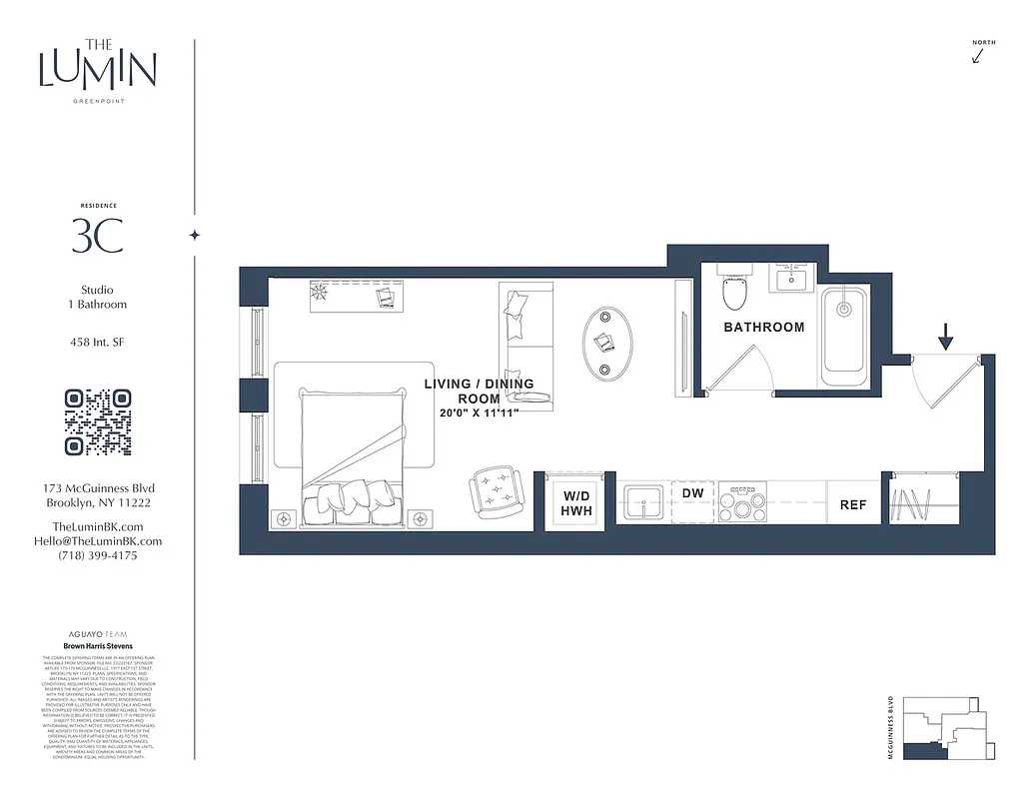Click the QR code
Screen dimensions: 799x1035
coord(98,421)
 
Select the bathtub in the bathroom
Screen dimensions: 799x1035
coord(845,329)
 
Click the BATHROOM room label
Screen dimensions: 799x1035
coord(764,327)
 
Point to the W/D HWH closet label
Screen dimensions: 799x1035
coord(576,503)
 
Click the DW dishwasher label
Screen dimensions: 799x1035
coord(692,493)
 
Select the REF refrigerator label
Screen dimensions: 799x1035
coord(852,505)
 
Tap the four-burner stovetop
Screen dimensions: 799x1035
coord(743,502)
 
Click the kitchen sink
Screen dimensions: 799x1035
coord(643,502)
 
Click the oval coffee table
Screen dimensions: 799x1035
coord(608,342)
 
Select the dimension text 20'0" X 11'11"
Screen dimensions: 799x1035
coord(479,411)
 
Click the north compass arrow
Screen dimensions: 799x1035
coord(978,56)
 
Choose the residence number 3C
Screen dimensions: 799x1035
coord(97,236)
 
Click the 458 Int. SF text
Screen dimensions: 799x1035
coord(97,343)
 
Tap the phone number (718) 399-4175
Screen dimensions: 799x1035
coord(97,555)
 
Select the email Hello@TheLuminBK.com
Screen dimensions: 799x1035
coord(97,541)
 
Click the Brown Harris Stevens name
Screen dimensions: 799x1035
coord(98,646)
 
